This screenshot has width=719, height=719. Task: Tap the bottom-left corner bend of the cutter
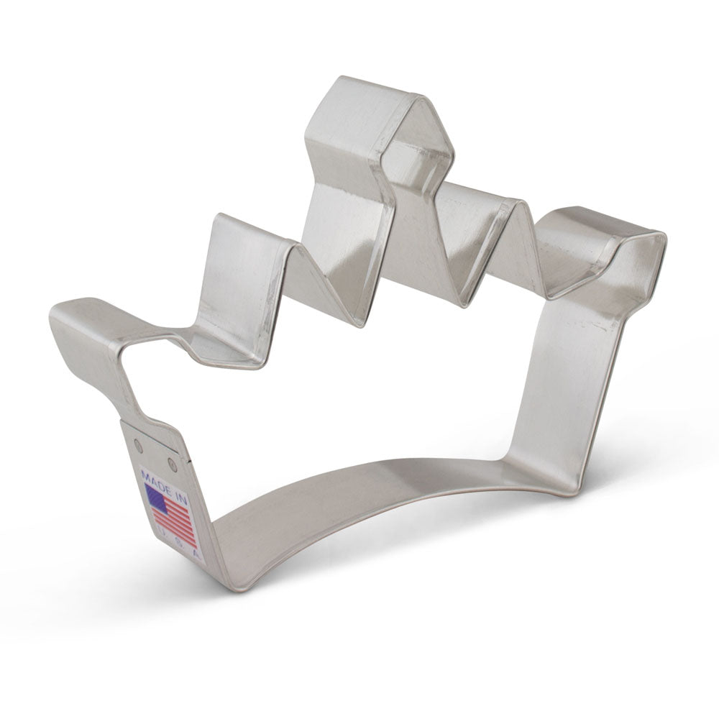[x=230, y=575]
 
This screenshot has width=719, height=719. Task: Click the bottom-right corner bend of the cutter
[x=546, y=482]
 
